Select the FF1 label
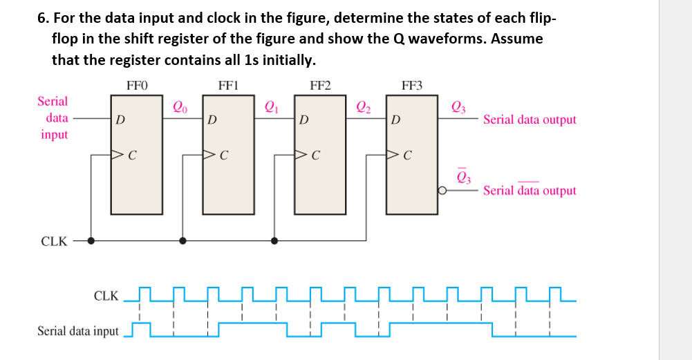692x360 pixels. point(228,86)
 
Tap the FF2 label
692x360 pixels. point(320,86)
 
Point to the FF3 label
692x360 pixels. point(412,86)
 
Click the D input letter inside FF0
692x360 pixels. point(121,120)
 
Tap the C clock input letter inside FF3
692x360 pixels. point(409,154)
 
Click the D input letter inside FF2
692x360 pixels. point(305,120)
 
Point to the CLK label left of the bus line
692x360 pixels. point(55,242)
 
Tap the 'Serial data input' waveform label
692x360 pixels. point(77,331)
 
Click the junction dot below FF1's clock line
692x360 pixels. point(183,241)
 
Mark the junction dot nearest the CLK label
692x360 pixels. point(91,241)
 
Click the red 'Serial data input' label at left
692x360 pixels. point(54,117)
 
